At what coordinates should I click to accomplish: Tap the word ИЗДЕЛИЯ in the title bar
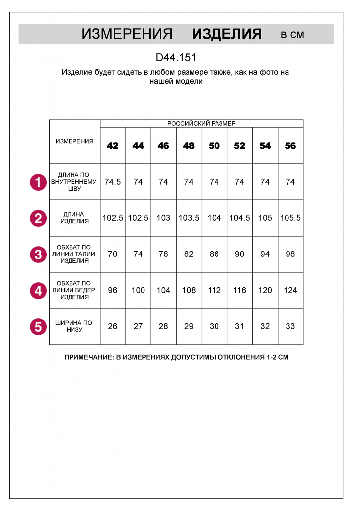(226, 34)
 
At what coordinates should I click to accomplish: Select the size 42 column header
(113, 146)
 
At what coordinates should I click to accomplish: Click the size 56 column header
(290, 146)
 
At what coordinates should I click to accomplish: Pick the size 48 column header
(189, 146)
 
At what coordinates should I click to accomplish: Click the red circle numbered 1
(38, 182)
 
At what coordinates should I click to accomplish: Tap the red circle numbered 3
(38, 254)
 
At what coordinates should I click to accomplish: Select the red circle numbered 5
(38, 327)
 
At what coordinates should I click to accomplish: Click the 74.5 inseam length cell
(113, 182)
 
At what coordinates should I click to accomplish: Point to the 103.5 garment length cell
(189, 218)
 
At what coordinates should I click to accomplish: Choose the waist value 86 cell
(214, 254)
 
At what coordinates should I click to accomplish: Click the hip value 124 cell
(290, 290)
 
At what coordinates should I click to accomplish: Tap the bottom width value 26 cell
(113, 326)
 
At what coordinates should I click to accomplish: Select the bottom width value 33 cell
(290, 326)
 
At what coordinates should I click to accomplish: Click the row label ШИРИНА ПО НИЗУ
(74, 326)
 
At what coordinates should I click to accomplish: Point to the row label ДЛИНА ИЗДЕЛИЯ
(74, 218)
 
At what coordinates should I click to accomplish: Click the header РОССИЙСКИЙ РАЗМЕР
(201, 124)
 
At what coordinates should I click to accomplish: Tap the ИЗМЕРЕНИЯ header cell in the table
(74, 141)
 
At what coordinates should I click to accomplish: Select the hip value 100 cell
(138, 290)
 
